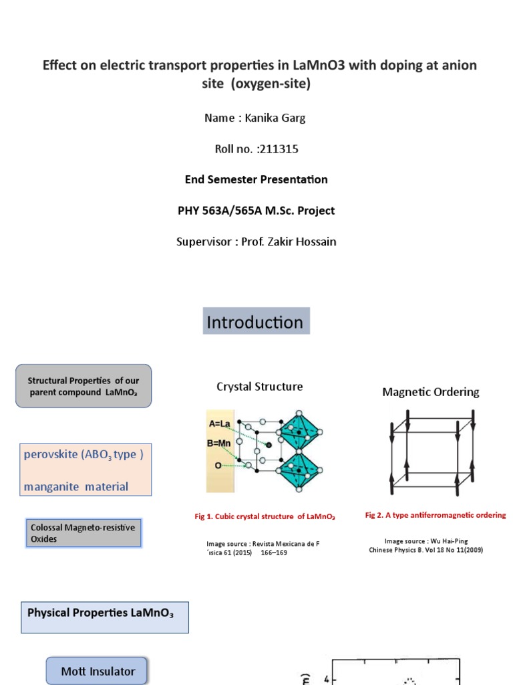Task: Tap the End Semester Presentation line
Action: coord(256,179)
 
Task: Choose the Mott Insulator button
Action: coord(98,671)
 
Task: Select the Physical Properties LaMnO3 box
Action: coord(105,617)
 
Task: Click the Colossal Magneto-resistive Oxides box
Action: coord(83,533)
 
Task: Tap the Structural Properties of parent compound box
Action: coord(83,386)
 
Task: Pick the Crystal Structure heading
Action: coord(259,387)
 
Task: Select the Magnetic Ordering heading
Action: coord(431,392)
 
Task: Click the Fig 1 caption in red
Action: coord(265,516)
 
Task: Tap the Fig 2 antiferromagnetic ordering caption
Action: coord(436,515)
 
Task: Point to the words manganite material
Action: coord(75,486)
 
